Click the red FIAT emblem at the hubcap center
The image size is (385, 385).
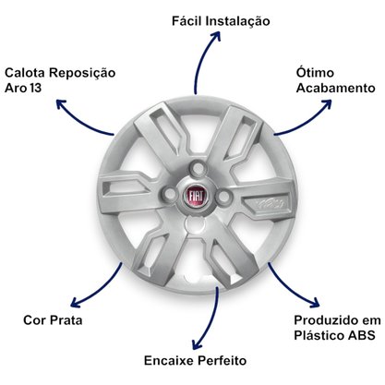point(197,196)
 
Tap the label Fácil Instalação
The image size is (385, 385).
point(221,21)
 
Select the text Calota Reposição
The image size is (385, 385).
point(60,73)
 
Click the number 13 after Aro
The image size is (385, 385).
point(36,88)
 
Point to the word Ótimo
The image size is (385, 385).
point(315,72)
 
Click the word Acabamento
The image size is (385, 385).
point(336,88)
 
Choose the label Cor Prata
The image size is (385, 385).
point(53,320)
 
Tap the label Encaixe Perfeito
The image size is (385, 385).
point(195,360)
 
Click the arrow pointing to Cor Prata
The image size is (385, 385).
point(100,289)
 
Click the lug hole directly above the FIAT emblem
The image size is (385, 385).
point(199,169)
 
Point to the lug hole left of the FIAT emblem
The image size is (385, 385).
point(170,194)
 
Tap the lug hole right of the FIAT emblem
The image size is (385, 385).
point(224,196)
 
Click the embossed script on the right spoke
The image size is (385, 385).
point(271,203)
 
